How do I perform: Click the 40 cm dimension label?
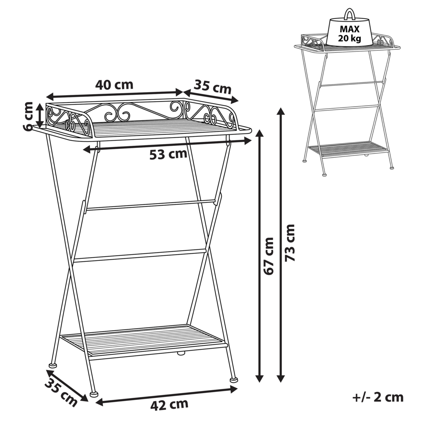(x=114, y=85)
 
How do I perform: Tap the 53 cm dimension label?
(x=168, y=154)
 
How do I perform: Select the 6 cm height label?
(x=28, y=116)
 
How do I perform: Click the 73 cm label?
(x=289, y=243)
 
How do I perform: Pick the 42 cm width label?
(x=170, y=405)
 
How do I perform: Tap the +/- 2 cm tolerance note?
(x=378, y=398)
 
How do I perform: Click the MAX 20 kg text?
(x=350, y=33)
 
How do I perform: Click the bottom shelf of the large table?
(x=144, y=340)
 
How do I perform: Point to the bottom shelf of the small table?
(x=348, y=149)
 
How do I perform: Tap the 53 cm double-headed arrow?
(x=167, y=145)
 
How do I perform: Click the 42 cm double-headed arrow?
(x=167, y=396)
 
